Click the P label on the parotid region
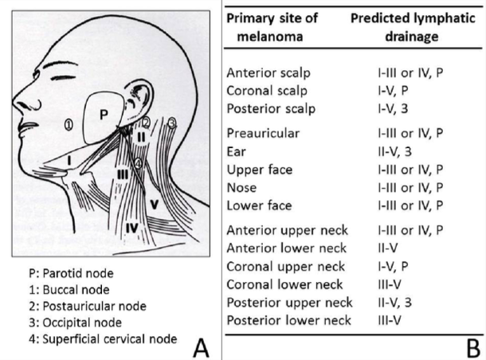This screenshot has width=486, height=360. point(103,113)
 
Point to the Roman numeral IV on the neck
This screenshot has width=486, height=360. point(131,229)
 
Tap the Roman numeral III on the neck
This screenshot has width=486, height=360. point(122,174)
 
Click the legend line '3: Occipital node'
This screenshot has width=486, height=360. point(76,323)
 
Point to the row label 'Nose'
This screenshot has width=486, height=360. point(241,187)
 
